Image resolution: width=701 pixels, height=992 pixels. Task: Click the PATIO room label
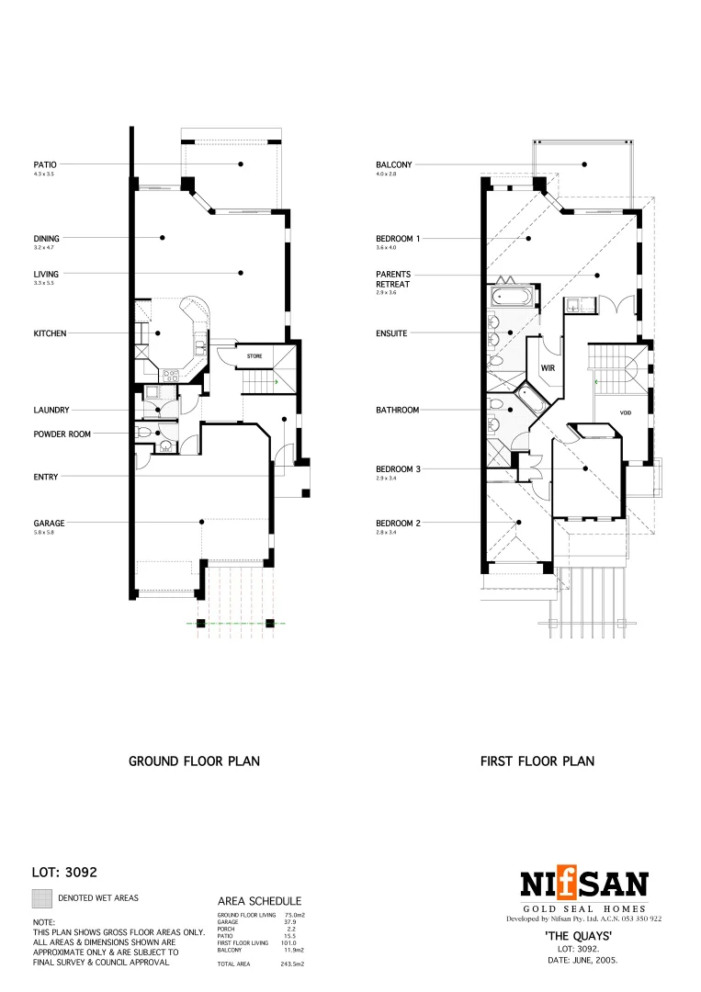45,164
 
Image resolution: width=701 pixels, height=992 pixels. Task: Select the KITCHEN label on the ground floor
50,333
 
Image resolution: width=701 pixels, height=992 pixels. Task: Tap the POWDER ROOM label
62,434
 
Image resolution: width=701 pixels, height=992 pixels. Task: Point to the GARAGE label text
49,524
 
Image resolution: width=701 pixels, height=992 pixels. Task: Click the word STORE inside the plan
255,355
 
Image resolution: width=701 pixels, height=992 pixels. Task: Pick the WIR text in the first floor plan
548,367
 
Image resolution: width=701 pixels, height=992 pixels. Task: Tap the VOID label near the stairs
626,413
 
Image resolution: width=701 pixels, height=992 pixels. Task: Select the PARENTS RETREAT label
393,279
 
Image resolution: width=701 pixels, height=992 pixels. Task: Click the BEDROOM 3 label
398,469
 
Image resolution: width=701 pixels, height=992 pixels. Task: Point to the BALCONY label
394,164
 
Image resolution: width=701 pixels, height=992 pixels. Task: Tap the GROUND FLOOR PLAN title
194,761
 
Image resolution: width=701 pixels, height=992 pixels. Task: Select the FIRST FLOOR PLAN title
537,761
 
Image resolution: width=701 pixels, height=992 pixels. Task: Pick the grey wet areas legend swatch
42,898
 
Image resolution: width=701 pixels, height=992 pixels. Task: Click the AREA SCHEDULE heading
259,902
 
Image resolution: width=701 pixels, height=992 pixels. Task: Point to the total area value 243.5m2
291,964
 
